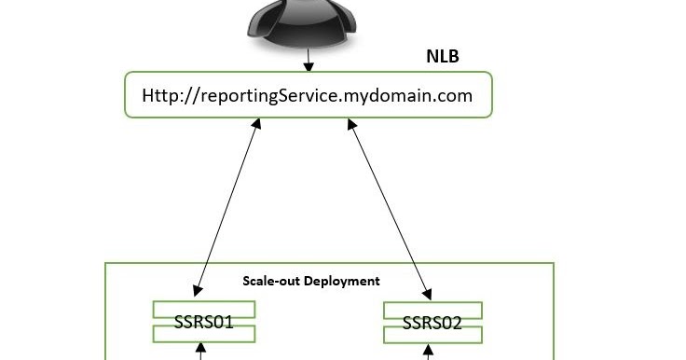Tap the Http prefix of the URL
[x=159, y=95]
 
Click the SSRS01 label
[x=203, y=324]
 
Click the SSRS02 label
[x=432, y=324]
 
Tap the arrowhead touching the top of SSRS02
[x=428, y=294]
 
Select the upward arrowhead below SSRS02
[x=429, y=352]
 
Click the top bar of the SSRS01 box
[x=203, y=309]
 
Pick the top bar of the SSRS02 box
[x=432, y=310]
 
